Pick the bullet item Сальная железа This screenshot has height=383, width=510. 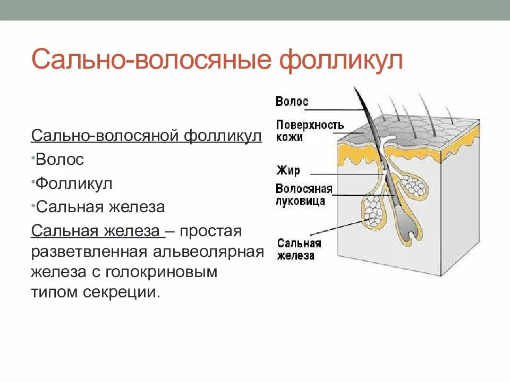(100, 207)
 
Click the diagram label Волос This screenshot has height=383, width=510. (292, 101)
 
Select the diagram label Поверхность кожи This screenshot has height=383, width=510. (309, 131)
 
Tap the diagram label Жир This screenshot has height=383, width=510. (288, 171)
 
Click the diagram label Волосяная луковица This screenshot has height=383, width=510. (304, 195)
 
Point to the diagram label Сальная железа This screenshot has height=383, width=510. (299, 249)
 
